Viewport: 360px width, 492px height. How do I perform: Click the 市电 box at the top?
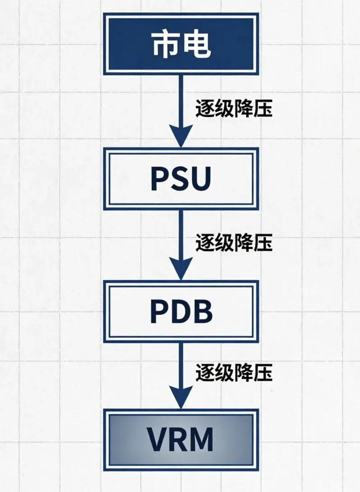click(181, 44)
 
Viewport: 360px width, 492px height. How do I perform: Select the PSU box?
click(181, 179)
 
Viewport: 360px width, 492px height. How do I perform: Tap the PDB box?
click(181, 312)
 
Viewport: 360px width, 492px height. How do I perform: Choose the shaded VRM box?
click(181, 440)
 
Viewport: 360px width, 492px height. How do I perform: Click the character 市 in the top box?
click(165, 44)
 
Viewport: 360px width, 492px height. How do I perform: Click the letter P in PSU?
click(159, 179)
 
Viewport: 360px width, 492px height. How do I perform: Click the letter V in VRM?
click(157, 440)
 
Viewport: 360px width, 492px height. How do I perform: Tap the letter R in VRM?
click(178, 440)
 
